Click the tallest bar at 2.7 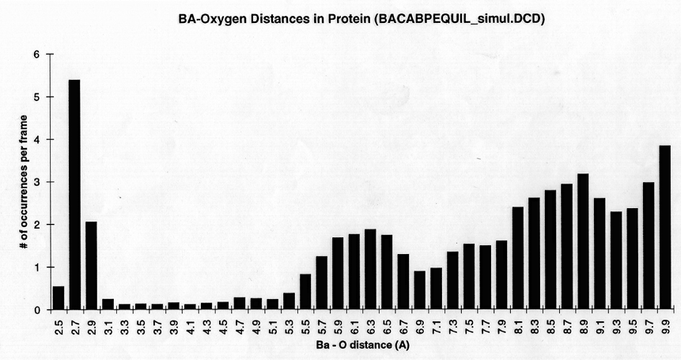coord(74,195)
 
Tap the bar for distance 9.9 coord(665,228)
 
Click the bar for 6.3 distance coord(369,270)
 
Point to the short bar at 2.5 coord(58,298)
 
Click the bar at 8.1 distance coord(517,259)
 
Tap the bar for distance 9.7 coord(649,246)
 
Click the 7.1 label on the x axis coord(436,324)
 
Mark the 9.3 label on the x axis coord(616,324)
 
